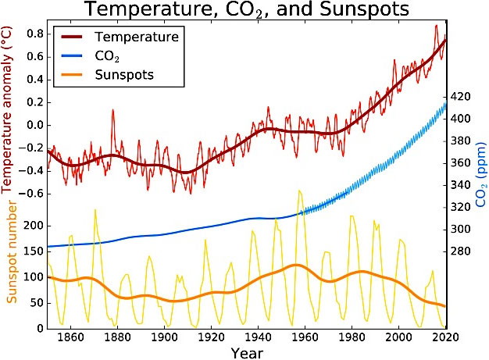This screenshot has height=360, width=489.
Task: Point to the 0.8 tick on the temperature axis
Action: click(x=34, y=34)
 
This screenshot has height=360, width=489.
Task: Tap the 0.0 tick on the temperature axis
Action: click(x=34, y=125)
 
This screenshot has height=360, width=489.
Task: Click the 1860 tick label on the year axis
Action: click(x=70, y=338)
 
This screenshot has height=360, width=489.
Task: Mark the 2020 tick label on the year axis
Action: click(x=444, y=338)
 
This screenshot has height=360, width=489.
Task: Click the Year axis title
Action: click(x=247, y=352)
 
